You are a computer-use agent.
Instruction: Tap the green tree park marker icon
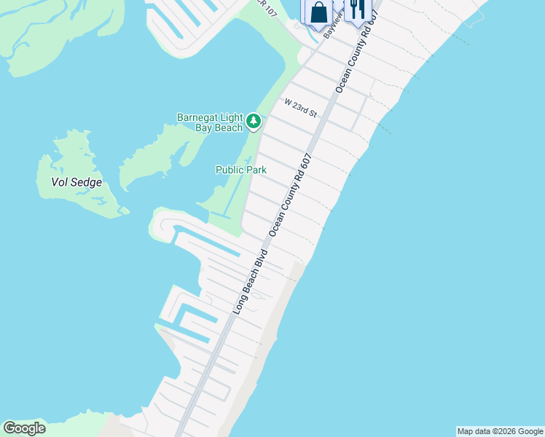pyautogui.click(x=253, y=121)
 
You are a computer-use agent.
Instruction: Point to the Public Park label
pyautogui.click(x=241, y=170)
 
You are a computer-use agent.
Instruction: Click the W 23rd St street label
pyautogui.click(x=301, y=109)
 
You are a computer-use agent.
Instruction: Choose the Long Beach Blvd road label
pyautogui.click(x=251, y=282)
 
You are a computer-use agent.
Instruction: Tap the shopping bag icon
pyautogui.click(x=318, y=12)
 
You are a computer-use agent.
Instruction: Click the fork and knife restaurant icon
pyautogui.click(x=356, y=9)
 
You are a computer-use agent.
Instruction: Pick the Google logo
pyautogui.click(x=24, y=428)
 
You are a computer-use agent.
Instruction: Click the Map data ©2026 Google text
pyautogui.click(x=500, y=431)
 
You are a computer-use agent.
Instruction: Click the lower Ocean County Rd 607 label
pyautogui.click(x=291, y=193)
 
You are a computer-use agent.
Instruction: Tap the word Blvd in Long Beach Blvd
pyautogui.click(x=262, y=261)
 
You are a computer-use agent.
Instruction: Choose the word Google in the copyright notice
pyautogui.click(x=528, y=431)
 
